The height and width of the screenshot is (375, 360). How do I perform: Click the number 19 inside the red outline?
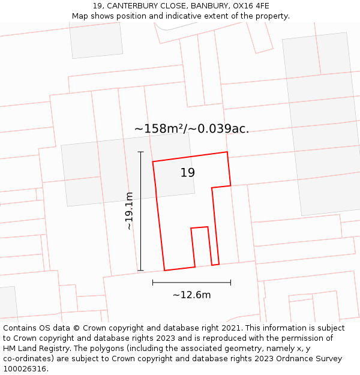pos(188,173)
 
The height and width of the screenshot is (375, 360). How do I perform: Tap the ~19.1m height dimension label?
pos(129,211)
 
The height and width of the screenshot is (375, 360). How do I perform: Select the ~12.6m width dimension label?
pos(191,295)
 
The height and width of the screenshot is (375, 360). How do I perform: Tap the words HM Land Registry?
pos(32,349)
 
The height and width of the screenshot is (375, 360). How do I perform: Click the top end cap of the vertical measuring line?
pos(141,152)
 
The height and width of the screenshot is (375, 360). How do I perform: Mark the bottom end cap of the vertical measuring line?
pos(141,271)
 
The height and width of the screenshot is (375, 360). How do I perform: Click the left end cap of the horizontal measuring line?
pos(153,282)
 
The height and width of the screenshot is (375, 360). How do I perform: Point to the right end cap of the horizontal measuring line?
pos(230,282)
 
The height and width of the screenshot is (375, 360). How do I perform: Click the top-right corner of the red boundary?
pos(227,152)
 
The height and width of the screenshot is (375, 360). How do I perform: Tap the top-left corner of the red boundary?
pos(153,161)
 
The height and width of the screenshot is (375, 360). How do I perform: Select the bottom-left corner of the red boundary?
pos(164,271)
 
